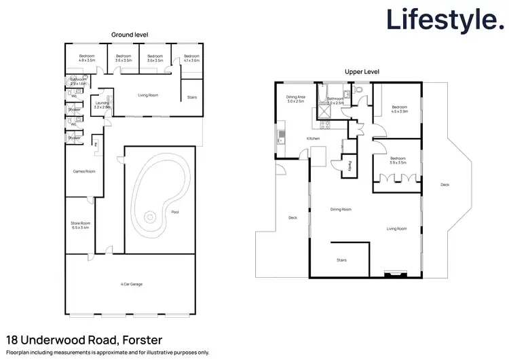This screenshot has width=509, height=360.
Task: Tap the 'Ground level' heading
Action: click(x=130, y=34)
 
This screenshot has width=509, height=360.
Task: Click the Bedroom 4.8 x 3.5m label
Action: click(x=87, y=58)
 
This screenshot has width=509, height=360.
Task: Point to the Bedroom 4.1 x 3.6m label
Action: click(x=191, y=58)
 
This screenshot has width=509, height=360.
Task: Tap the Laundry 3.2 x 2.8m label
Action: click(x=102, y=105)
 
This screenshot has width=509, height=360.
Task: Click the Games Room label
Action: click(x=84, y=171)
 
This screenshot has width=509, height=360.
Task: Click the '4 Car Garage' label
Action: click(x=132, y=284)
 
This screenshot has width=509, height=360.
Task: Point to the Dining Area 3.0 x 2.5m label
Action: click(x=295, y=99)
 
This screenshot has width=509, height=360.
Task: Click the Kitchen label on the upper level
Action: click(x=313, y=139)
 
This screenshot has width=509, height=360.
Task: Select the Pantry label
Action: click(x=350, y=164)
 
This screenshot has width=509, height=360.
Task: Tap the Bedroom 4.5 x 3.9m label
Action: click(x=398, y=109)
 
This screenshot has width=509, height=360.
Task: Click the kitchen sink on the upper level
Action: click(x=278, y=141)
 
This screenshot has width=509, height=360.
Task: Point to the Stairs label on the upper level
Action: click(x=341, y=259)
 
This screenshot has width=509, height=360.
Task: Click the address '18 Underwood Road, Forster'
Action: click(x=83, y=339)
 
